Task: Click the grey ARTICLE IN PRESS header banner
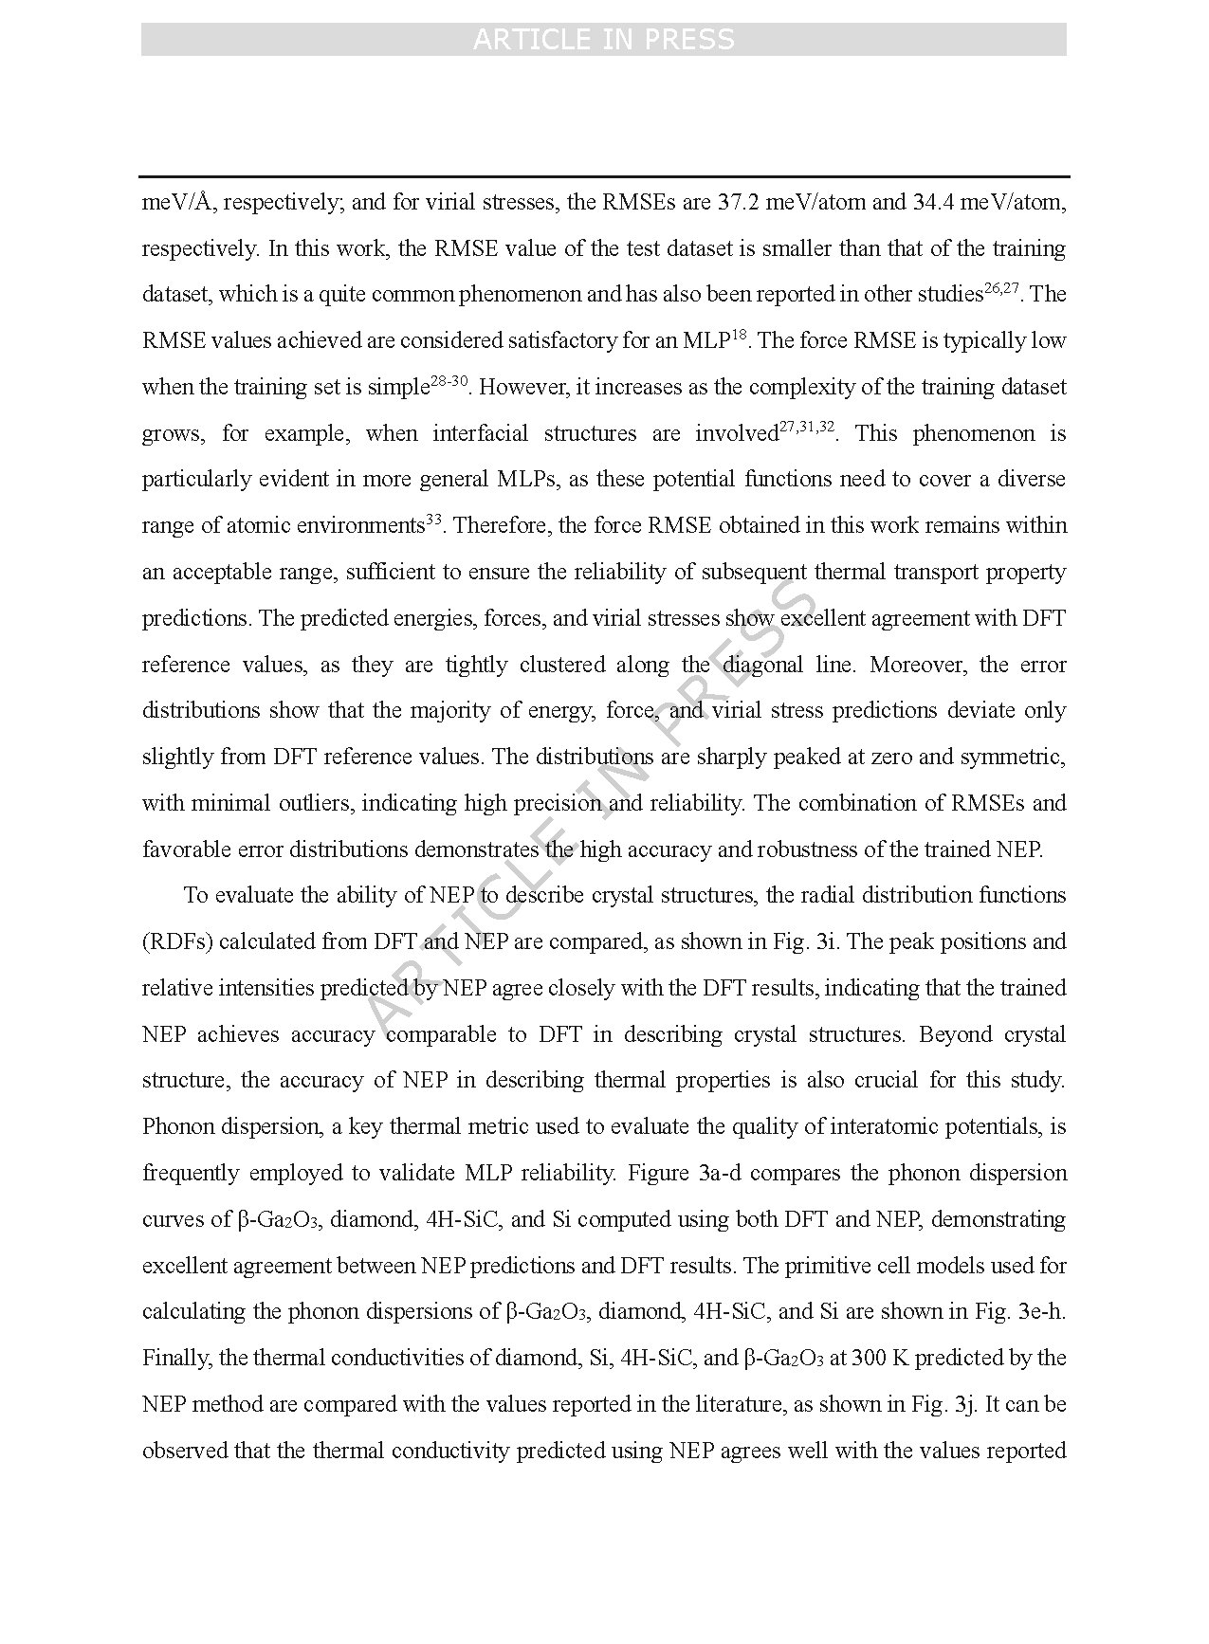[604, 40]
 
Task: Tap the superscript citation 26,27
[1001, 288]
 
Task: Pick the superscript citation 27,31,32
[807, 428]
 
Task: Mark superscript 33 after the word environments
[433, 520]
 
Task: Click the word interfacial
[480, 433]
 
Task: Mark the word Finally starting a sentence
[175, 1358]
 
